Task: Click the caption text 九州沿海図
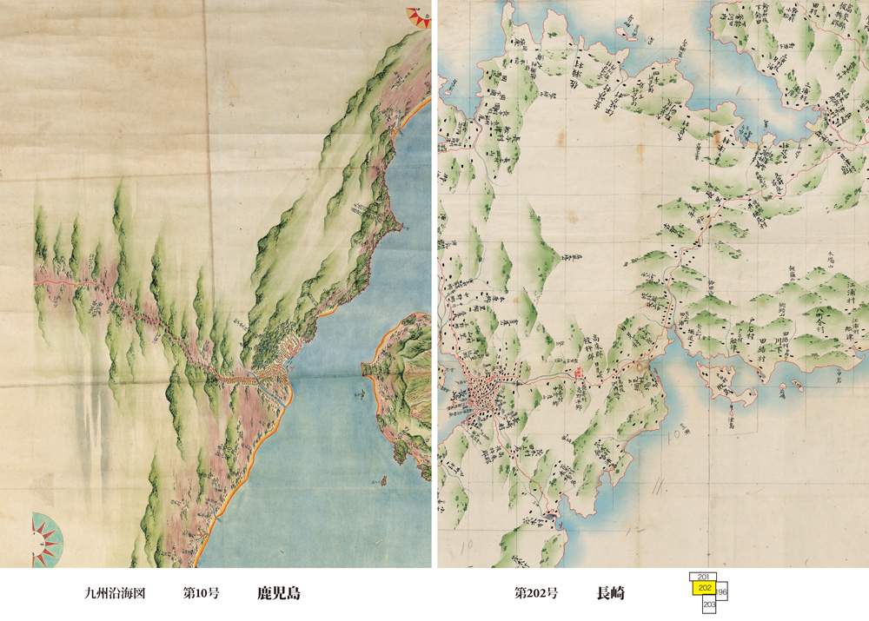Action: pos(114,594)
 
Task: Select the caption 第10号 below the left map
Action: pos(200,594)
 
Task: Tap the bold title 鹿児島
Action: pos(279,594)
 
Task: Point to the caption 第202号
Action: pos(536,594)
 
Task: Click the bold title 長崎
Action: pos(610,594)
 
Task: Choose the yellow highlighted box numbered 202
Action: pos(705,589)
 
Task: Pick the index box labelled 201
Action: pos(705,577)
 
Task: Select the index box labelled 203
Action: pos(709,604)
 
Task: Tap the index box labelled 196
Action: pos(723,591)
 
